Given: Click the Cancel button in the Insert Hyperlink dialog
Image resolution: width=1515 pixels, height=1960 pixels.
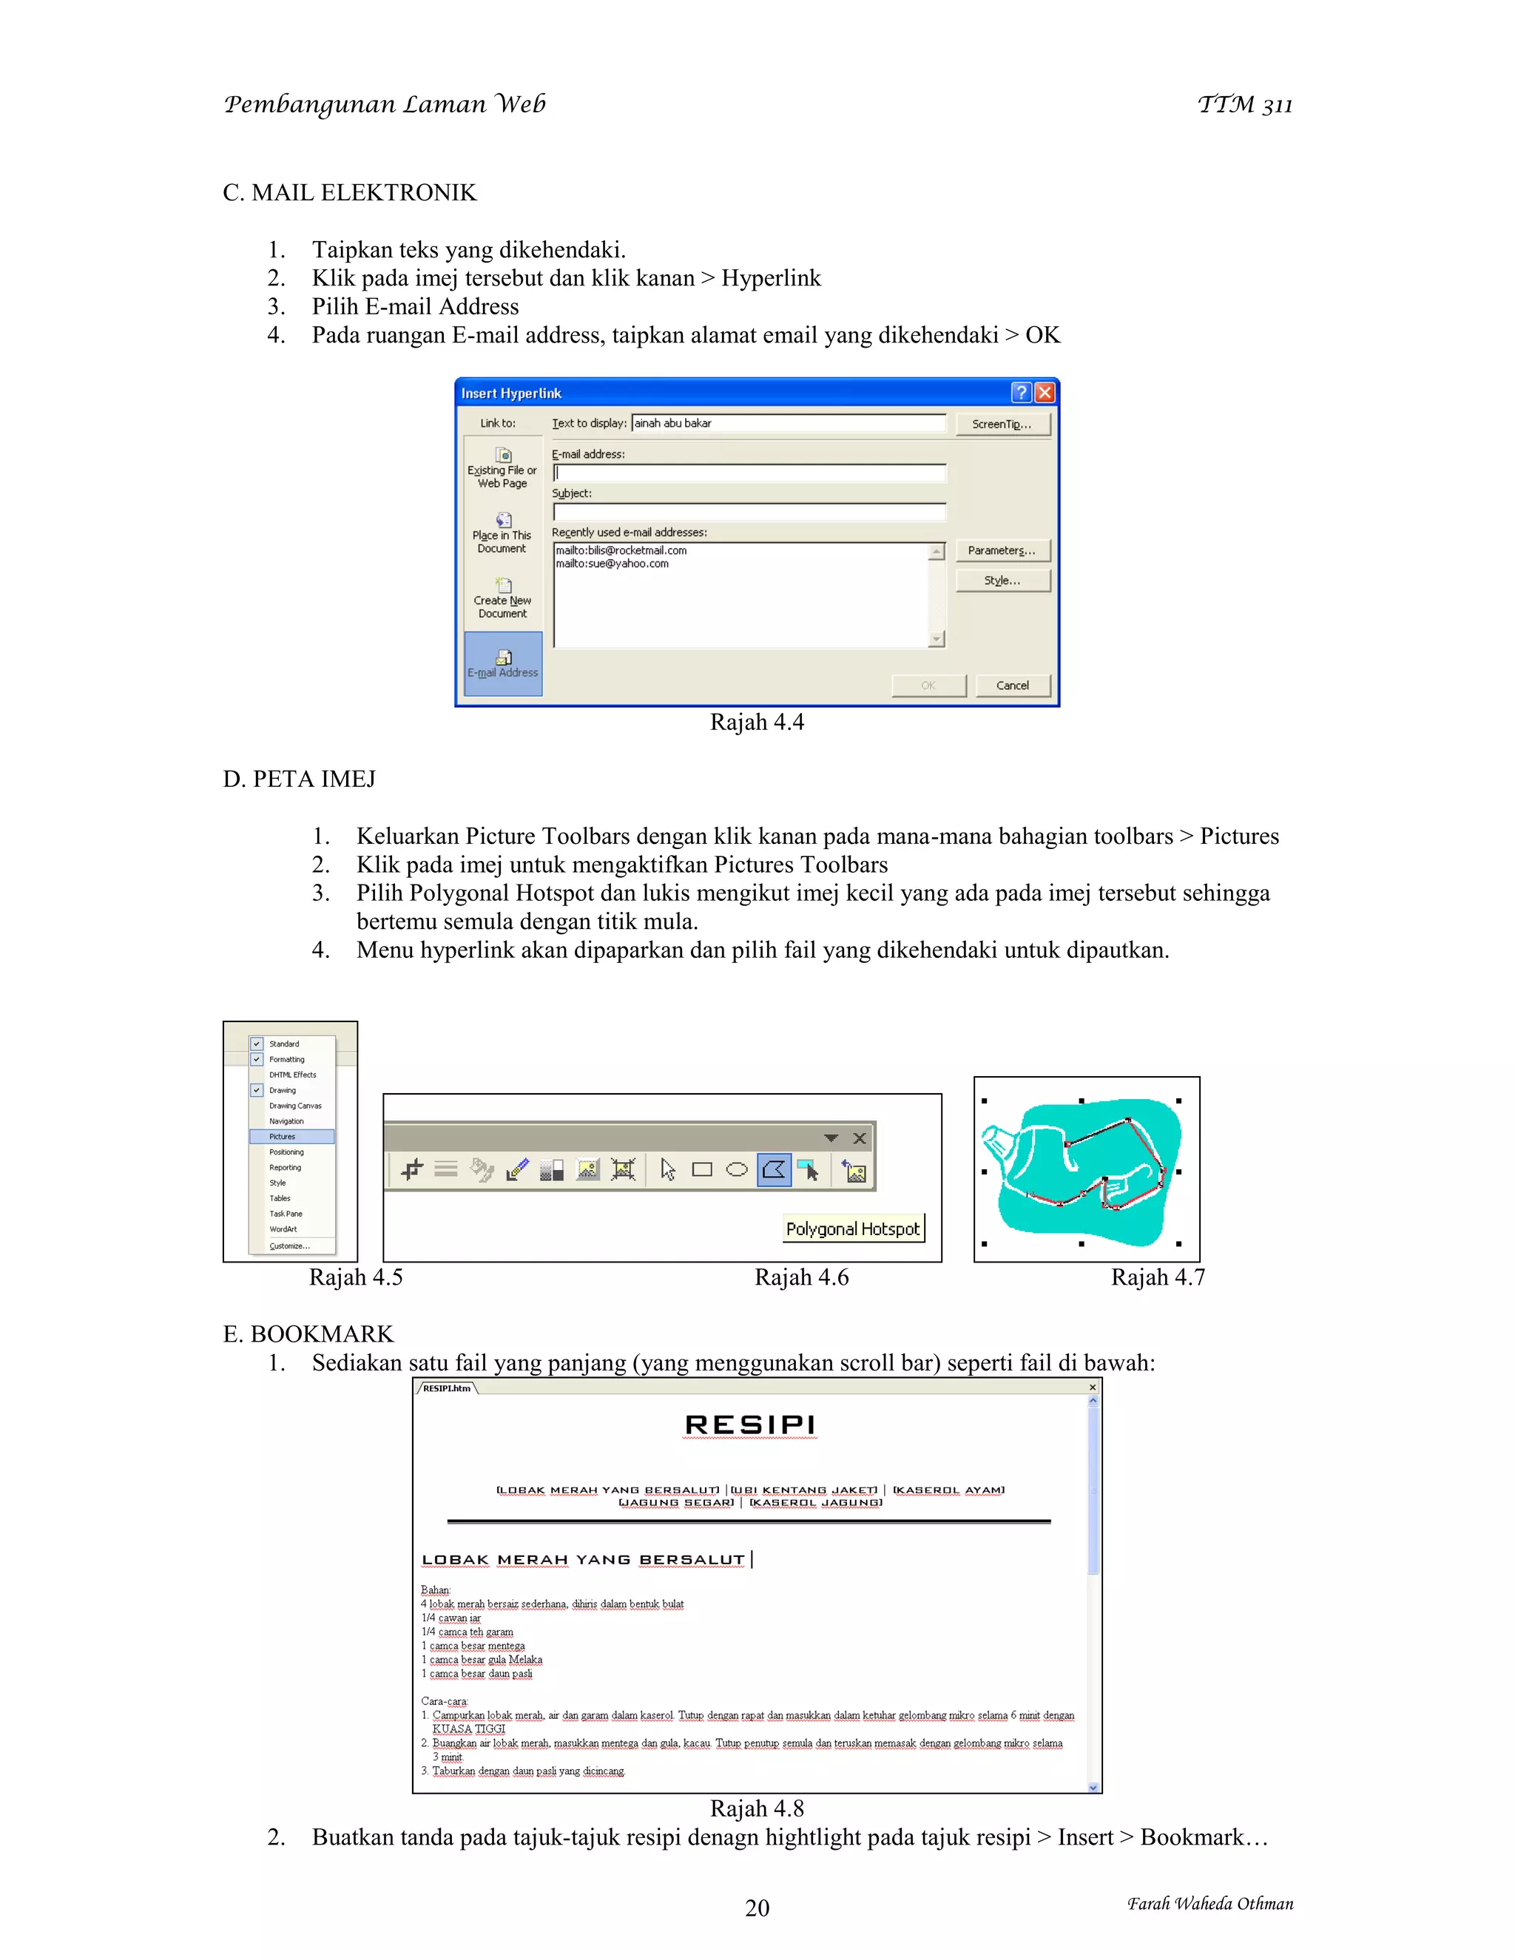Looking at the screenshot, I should coord(1013,686).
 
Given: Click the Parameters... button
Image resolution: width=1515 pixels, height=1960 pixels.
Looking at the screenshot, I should coord(1002,550).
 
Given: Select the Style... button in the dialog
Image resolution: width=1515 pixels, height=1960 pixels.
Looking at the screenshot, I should coord(1002,581).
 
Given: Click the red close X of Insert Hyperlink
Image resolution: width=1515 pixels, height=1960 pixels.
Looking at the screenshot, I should coord(1045,392).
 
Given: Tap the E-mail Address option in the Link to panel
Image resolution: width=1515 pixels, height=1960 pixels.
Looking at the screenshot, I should coord(502,664).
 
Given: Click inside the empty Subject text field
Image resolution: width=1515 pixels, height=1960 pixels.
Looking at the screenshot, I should coord(749,512).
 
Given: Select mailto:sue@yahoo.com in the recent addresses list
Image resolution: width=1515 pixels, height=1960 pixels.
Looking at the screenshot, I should coord(612,564).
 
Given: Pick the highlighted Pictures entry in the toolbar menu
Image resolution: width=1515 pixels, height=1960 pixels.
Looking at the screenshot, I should coord(291,1136).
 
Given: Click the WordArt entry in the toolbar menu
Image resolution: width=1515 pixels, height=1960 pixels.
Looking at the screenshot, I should coord(283,1229).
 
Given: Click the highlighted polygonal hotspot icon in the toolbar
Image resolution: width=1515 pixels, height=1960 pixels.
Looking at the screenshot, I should coord(774,1169).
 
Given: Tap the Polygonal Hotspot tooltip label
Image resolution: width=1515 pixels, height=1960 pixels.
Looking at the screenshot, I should coord(853,1229).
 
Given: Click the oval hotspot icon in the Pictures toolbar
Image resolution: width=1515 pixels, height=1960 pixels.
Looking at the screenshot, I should coord(737,1169).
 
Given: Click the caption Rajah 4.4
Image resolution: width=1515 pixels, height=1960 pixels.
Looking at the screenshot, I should coord(757,723).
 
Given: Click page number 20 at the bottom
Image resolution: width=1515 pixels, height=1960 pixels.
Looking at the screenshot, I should coord(757,1908).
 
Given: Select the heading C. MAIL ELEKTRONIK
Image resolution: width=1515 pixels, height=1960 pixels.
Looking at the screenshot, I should coord(349,193).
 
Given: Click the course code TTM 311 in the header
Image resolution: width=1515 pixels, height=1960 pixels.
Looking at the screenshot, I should coord(1245,105).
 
